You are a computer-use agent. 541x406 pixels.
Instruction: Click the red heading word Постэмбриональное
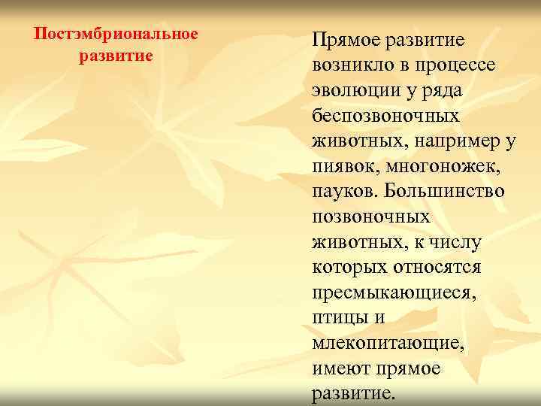point(116,35)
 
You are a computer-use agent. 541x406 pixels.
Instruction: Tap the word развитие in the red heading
point(116,56)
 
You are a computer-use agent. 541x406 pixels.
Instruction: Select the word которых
point(348,268)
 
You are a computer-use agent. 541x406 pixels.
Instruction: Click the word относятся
point(438,268)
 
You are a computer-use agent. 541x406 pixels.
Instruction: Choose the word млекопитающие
point(388,344)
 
